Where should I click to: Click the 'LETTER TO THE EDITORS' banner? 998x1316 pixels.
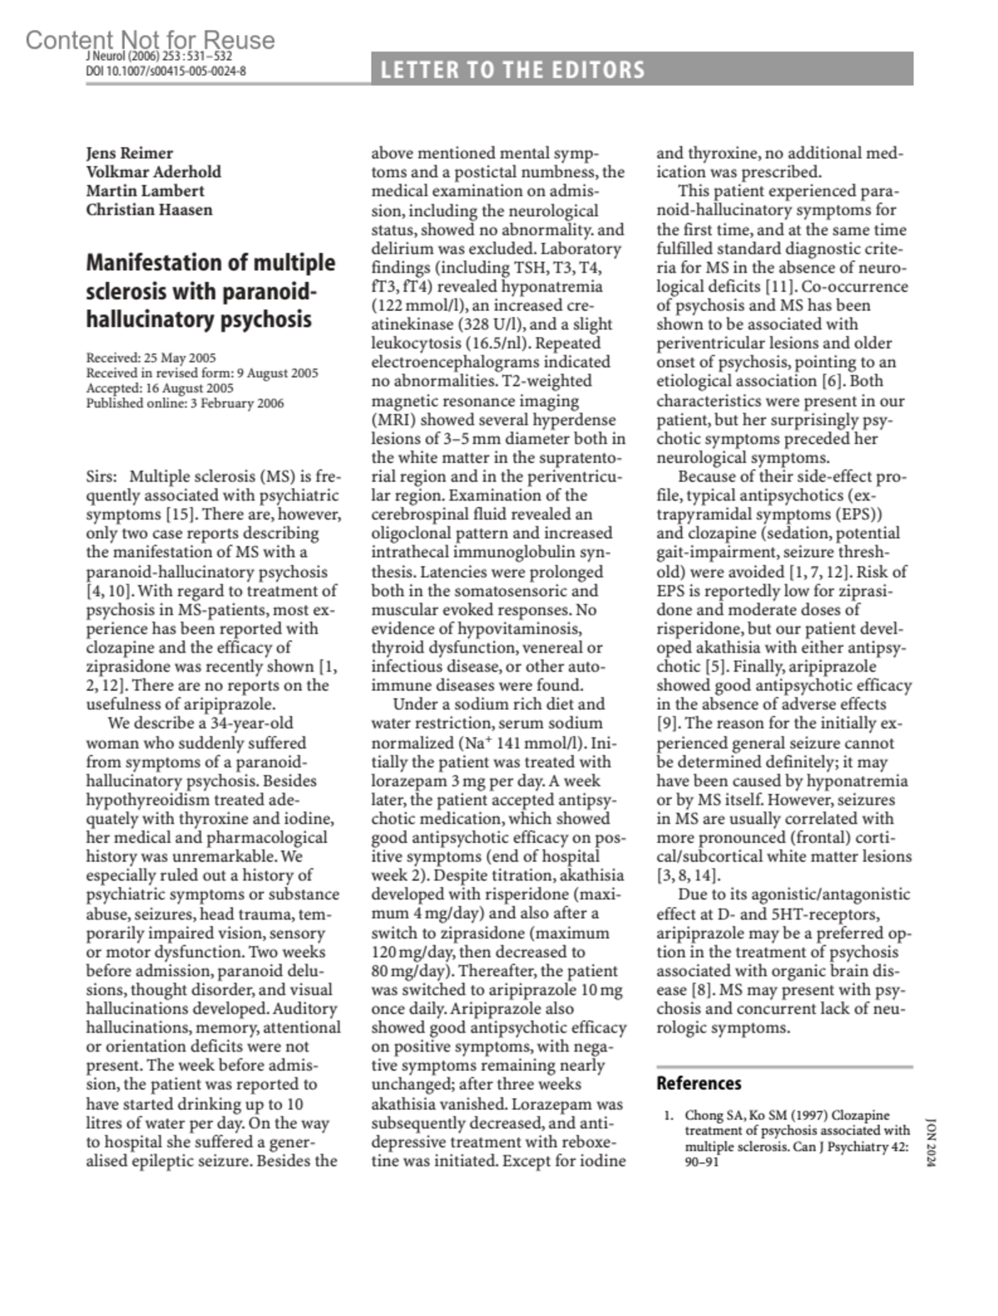[x=512, y=70]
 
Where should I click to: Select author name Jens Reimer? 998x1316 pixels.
[x=130, y=153]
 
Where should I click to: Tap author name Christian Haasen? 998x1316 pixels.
[x=149, y=209]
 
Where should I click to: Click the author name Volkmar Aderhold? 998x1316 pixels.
[x=154, y=172]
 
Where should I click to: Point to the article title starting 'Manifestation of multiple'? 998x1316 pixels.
[x=210, y=291]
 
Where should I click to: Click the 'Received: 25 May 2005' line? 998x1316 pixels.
[x=151, y=358]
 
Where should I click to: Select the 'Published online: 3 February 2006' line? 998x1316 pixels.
[x=185, y=403]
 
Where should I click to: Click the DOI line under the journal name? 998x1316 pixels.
[x=166, y=71]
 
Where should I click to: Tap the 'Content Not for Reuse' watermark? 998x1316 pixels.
[x=150, y=39]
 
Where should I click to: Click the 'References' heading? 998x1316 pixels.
[x=699, y=1083]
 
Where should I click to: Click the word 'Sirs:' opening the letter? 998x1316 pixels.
[x=102, y=477]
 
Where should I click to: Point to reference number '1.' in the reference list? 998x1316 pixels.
[x=669, y=1116]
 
